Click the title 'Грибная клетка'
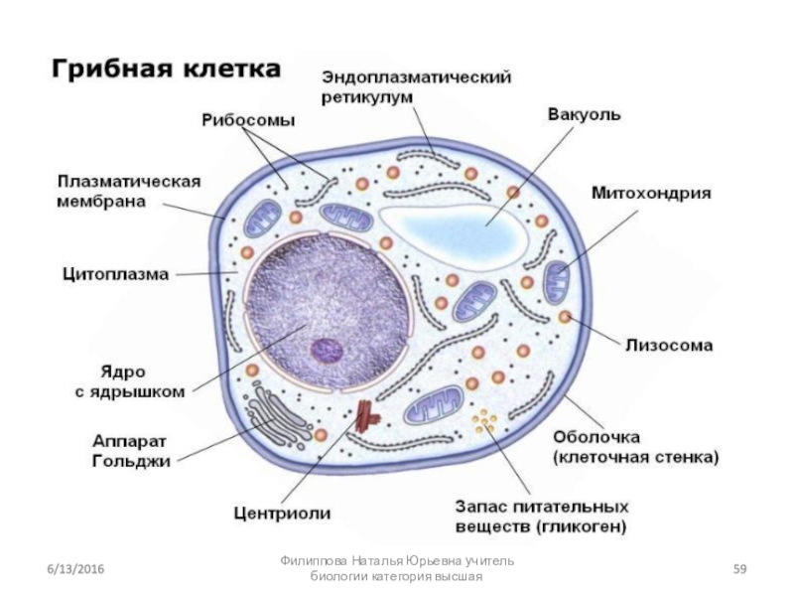click(165, 71)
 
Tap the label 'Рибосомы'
click(248, 120)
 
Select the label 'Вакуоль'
click(585, 114)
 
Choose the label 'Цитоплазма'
click(115, 272)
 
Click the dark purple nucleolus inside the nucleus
click(325, 350)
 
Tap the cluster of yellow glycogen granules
click(484, 424)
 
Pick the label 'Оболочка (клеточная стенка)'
click(635, 447)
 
